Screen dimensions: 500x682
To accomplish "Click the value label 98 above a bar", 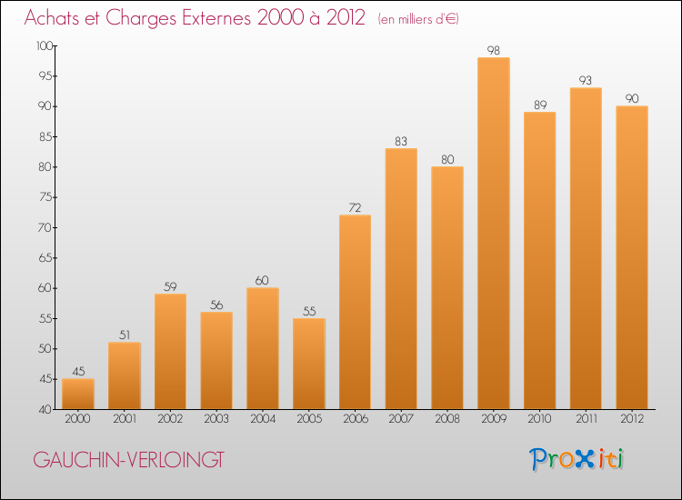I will pyautogui.click(x=494, y=50).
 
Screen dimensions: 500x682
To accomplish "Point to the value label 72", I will pyautogui.click(x=355, y=207).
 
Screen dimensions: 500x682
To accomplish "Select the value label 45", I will pyautogui.click(x=78, y=371).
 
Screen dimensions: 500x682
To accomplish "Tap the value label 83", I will pyautogui.click(x=401, y=141).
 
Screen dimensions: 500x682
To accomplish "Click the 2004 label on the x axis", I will pyautogui.click(x=263, y=419).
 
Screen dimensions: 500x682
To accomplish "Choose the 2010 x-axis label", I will pyautogui.click(x=540, y=419).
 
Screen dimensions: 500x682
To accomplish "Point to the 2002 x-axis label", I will pyautogui.click(x=170, y=419).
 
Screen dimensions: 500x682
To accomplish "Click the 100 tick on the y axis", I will pyautogui.click(x=44, y=45).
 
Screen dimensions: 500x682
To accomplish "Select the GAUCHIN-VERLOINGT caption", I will pyautogui.click(x=127, y=460).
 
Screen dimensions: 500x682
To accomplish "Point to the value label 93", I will pyautogui.click(x=587, y=80).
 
